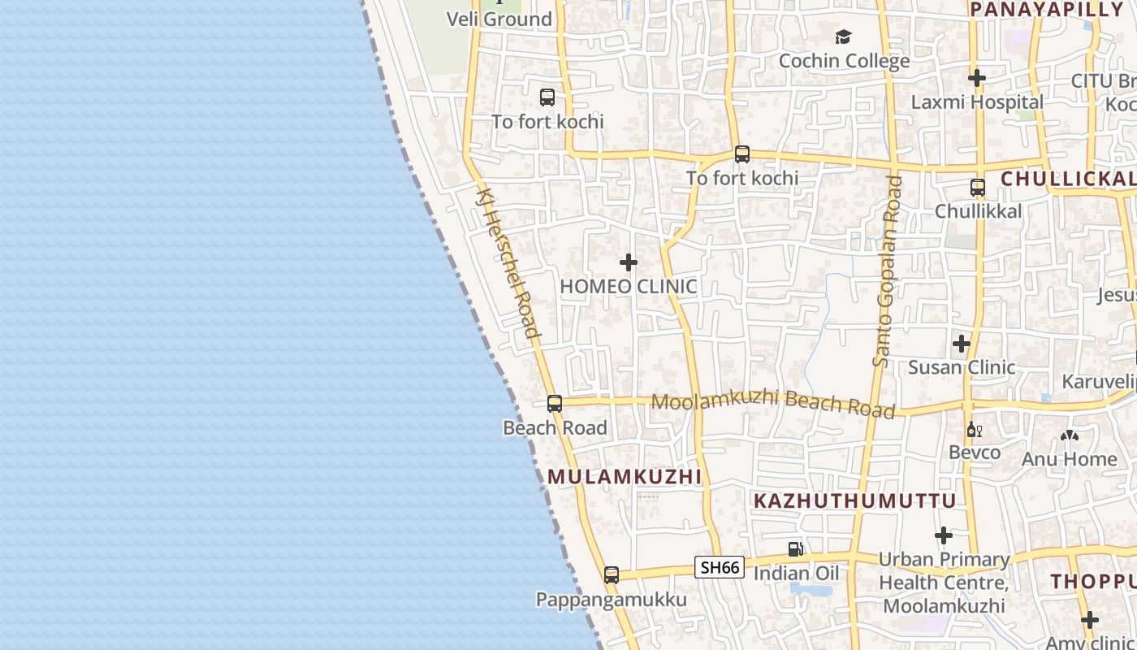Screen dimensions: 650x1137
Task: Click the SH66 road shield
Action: [720, 567]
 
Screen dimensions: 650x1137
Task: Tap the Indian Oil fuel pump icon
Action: [796, 549]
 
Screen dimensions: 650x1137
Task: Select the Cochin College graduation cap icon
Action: [843, 37]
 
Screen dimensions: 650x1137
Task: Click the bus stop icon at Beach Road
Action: [555, 403]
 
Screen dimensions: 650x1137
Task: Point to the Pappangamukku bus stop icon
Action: [612, 575]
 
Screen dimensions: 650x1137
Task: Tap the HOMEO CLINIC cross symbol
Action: [629, 262]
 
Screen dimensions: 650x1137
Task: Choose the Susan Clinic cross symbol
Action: [962, 344]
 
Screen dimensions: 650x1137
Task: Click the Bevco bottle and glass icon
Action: [974, 429]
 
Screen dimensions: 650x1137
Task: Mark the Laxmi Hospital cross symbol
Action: [977, 78]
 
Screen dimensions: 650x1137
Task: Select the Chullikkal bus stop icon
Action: [978, 188]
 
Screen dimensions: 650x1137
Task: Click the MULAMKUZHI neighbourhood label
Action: [625, 477]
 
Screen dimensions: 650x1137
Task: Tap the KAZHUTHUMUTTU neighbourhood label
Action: [855, 500]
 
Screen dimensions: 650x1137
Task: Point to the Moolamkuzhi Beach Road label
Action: [773, 403]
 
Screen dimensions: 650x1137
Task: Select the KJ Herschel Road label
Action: [509, 262]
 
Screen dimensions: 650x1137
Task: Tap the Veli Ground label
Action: [499, 19]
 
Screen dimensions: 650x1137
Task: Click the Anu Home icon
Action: [1070, 436]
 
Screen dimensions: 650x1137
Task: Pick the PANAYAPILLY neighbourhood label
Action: [1046, 10]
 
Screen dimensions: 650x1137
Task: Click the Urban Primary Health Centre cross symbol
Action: [944, 535]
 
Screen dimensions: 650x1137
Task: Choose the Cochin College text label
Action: [844, 61]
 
